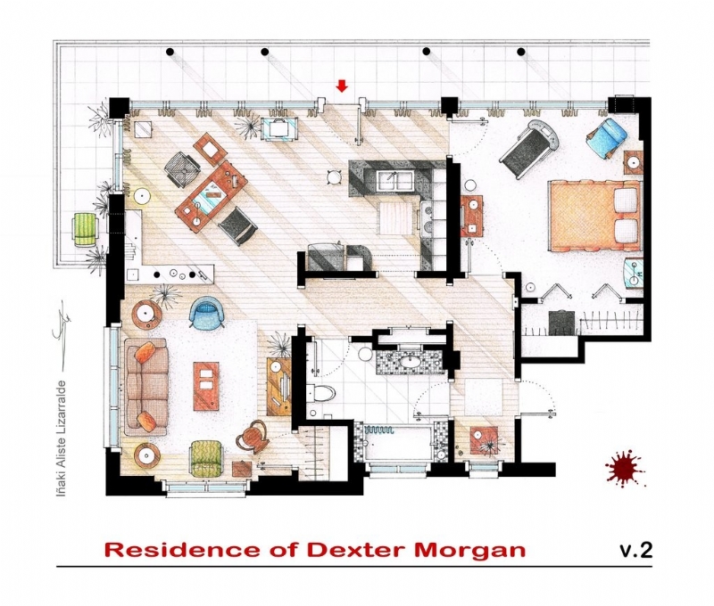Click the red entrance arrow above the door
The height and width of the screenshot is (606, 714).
tap(341, 86)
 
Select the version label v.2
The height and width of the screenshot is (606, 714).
tap(635, 549)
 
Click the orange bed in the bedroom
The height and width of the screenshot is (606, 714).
tap(594, 216)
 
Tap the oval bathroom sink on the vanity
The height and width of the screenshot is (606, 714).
tap(411, 363)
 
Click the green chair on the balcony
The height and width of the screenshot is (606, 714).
tap(85, 229)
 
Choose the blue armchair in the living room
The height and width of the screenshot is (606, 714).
tap(207, 310)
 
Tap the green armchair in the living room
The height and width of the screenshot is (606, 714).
tap(208, 457)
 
